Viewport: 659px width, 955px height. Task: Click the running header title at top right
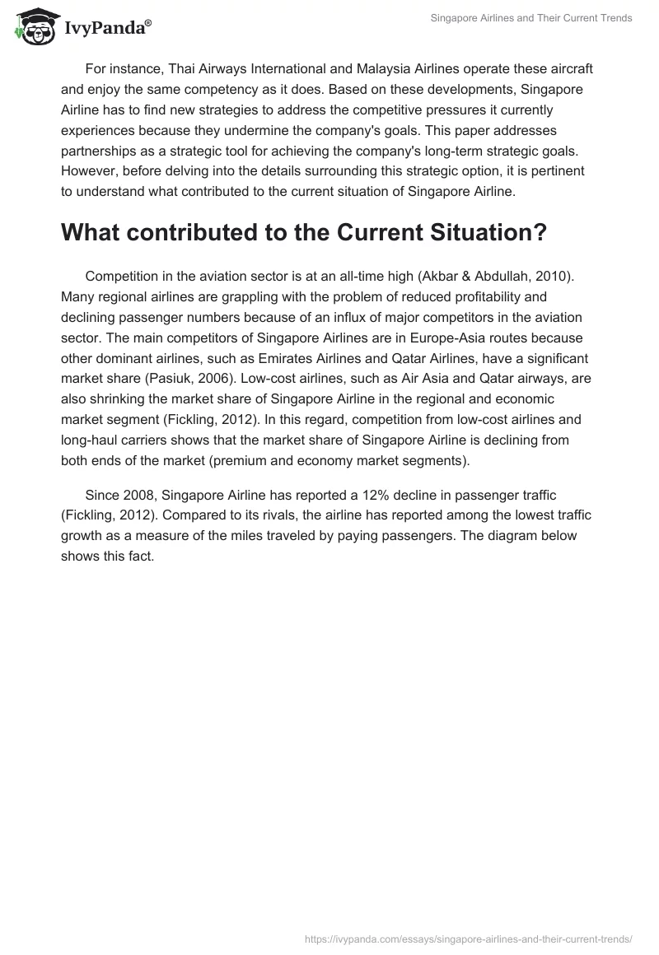[x=531, y=18]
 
